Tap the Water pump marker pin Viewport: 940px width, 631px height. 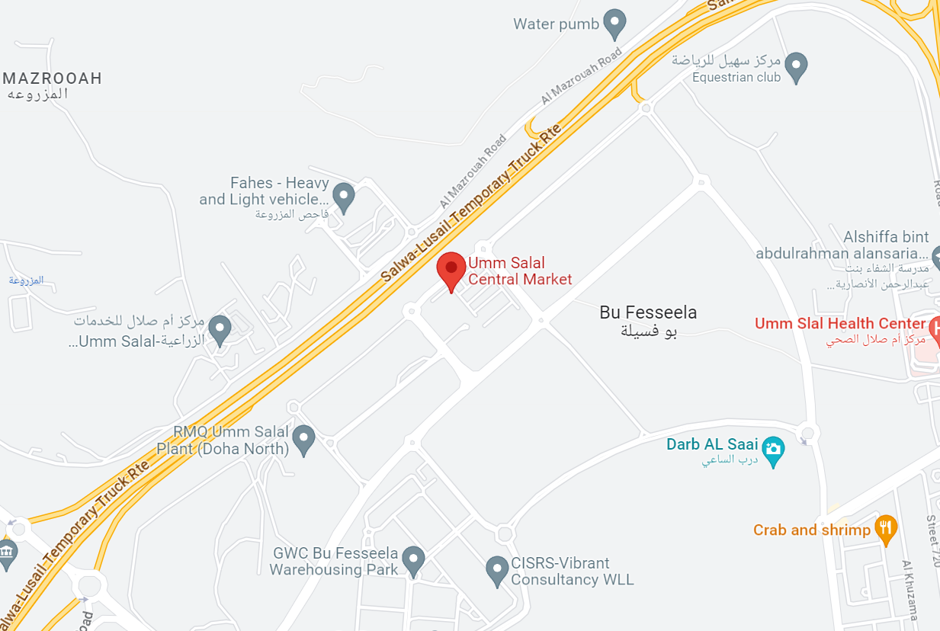click(614, 23)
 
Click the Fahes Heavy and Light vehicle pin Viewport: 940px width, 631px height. click(344, 196)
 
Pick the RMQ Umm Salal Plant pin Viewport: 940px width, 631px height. click(304, 438)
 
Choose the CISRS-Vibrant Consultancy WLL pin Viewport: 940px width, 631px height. click(497, 569)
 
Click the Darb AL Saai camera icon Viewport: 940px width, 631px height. click(774, 450)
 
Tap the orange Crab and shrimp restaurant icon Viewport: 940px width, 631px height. click(885, 528)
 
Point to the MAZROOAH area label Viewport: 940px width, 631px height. click(52, 78)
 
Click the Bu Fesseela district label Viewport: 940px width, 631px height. click(648, 312)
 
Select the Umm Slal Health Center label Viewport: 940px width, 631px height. click(839, 324)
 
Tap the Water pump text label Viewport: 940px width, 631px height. click(556, 24)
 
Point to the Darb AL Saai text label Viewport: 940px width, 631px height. click(712, 444)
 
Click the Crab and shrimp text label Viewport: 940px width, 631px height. click(811, 530)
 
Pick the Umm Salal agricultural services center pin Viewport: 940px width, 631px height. click(220, 329)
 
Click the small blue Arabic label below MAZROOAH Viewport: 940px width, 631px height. click(26, 280)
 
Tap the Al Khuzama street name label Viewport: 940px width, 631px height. click(912, 590)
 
